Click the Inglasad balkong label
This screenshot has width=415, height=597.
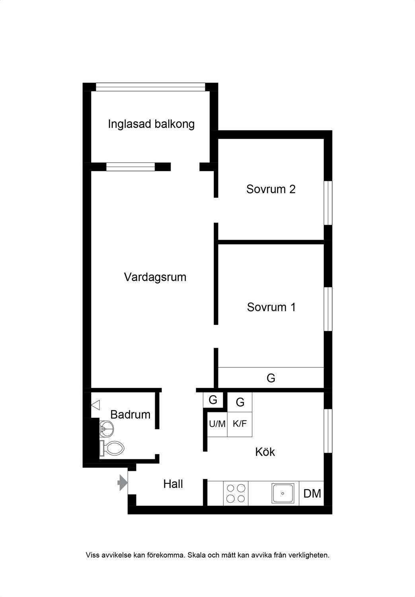(x=151, y=124)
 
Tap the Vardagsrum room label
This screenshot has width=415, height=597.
(x=155, y=277)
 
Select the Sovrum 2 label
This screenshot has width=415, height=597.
(x=271, y=189)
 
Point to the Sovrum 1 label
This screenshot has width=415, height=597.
(x=271, y=307)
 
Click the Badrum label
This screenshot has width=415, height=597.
(x=130, y=414)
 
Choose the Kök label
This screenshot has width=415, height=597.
(x=265, y=452)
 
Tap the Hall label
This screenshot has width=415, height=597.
(x=173, y=484)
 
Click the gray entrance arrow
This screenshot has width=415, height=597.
(x=123, y=483)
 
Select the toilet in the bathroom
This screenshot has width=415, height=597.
(x=112, y=448)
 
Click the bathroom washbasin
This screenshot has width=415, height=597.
(x=107, y=429)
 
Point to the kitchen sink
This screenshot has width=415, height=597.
(x=283, y=494)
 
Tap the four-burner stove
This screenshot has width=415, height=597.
(x=236, y=494)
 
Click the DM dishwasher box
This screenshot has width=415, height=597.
(x=312, y=494)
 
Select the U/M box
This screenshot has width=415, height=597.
(x=217, y=424)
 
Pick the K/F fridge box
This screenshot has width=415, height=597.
(x=240, y=424)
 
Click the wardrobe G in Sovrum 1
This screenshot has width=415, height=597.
(x=271, y=378)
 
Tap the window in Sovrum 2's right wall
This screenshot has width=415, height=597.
(x=328, y=203)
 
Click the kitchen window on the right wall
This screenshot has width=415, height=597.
(x=328, y=431)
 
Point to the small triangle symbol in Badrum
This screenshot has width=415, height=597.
(x=95, y=405)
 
